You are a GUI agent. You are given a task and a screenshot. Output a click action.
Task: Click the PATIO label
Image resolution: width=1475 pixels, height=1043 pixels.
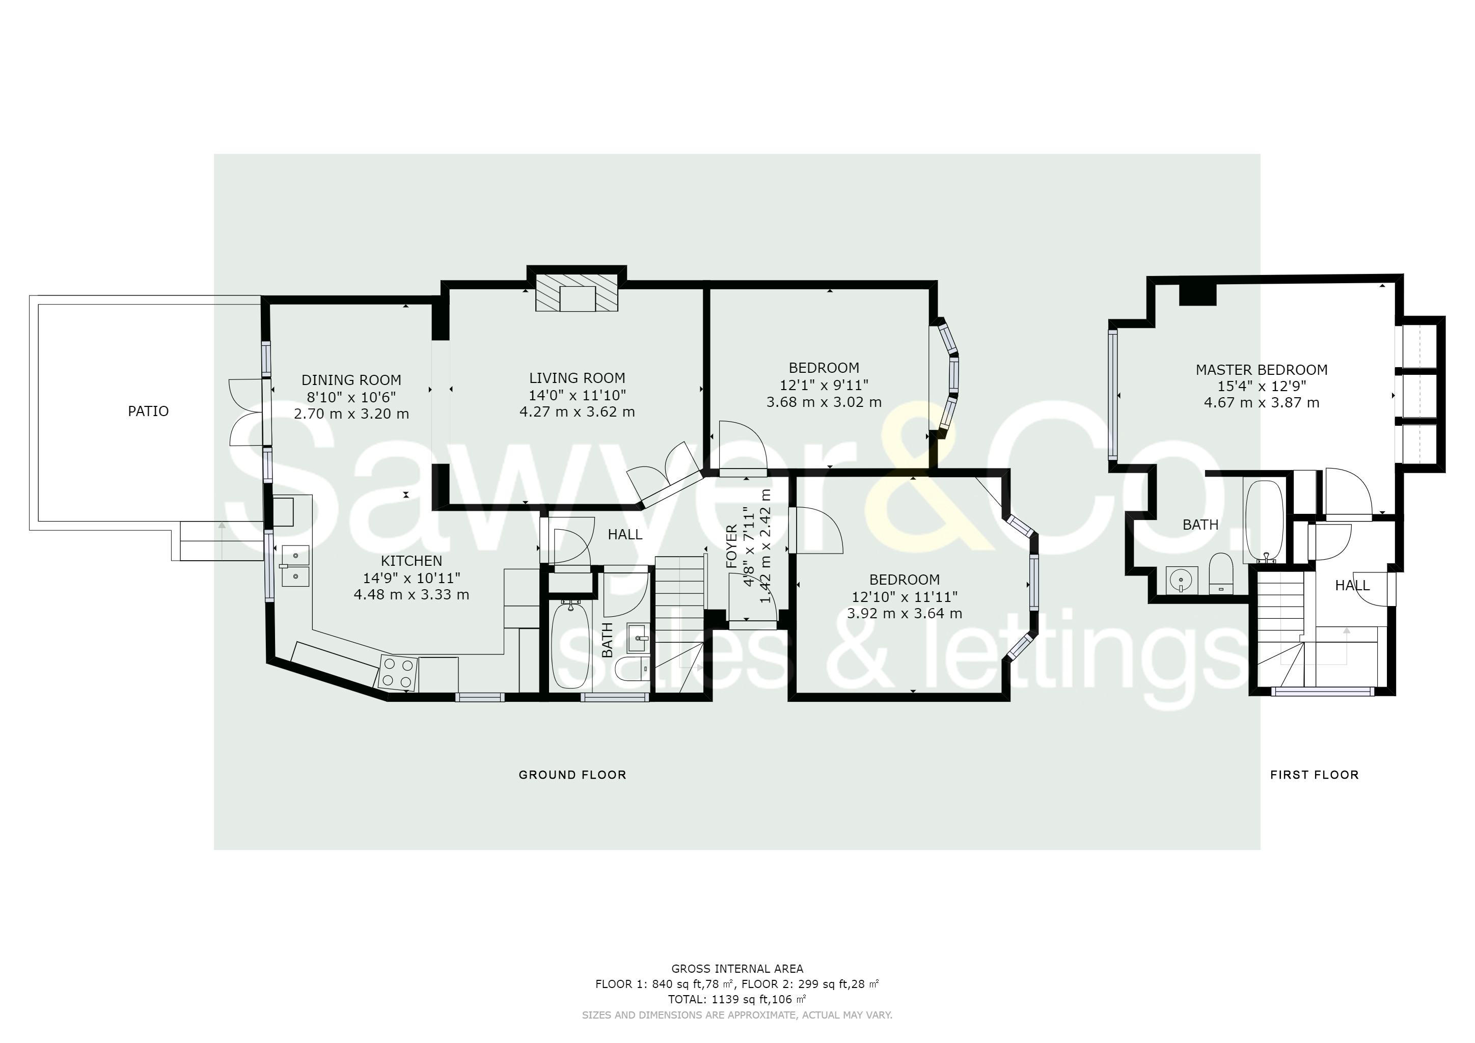point(148,411)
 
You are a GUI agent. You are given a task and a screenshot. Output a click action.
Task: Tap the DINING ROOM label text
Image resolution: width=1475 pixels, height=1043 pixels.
point(351,380)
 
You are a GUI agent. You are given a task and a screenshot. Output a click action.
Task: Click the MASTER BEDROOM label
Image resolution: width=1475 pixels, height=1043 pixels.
point(1261,370)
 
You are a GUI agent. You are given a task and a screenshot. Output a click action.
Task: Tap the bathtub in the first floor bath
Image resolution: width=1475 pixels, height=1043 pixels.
point(1264,522)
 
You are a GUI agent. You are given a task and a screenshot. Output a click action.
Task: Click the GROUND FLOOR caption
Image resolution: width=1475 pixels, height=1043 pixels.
point(572,775)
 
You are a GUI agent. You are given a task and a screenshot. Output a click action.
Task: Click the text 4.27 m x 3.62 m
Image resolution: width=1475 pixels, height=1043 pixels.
point(577,411)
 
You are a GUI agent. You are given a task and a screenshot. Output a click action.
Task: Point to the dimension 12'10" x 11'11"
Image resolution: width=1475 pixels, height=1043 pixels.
point(905,597)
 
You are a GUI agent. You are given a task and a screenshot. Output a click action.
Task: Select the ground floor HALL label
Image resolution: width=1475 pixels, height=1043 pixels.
point(624,534)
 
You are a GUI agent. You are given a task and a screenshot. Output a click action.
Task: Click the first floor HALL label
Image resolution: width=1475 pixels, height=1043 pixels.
point(1352,585)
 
